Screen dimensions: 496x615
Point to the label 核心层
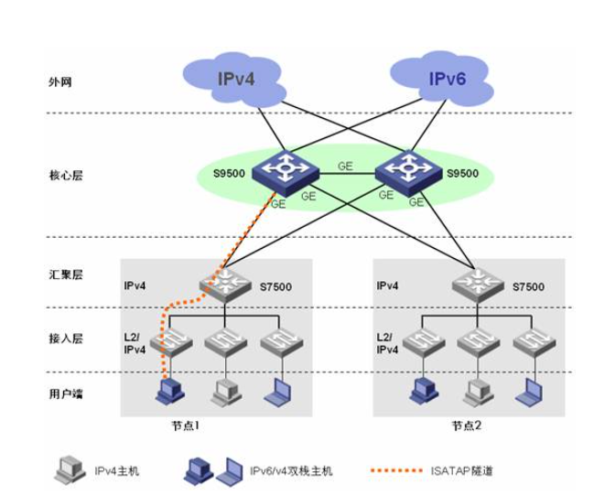pos(67,174)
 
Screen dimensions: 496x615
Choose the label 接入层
pos(67,338)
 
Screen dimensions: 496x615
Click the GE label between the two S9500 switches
pos(344,167)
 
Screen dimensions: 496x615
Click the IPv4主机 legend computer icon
pos(67,470)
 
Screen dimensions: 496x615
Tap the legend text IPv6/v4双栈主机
pos(292,471)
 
